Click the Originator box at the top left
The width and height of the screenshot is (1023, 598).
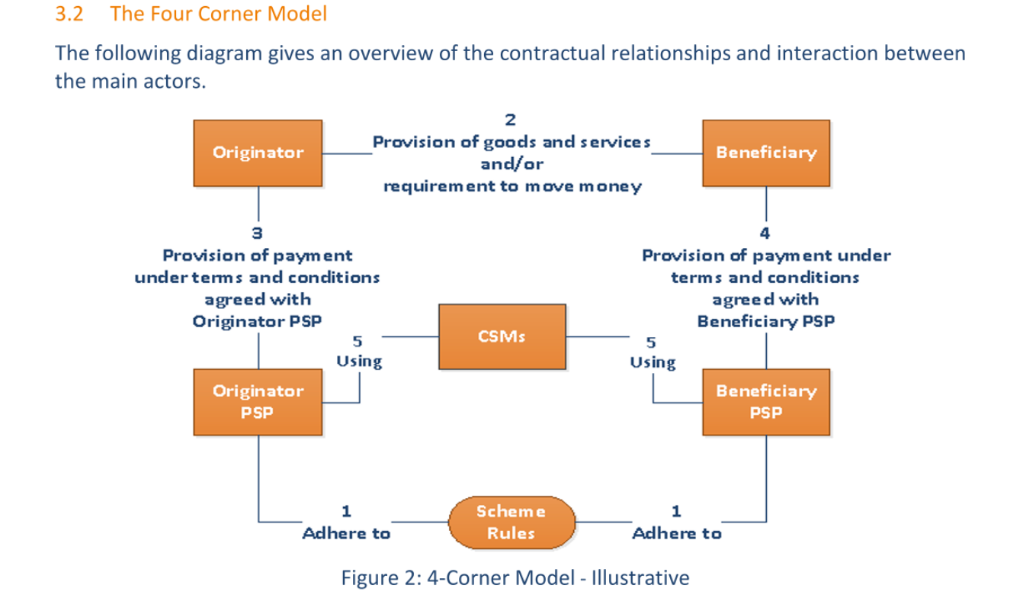258,153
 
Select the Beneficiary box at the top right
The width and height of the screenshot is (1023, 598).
765,153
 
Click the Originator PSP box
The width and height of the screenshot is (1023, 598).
258,401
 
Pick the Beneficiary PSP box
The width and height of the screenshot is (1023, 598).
765,401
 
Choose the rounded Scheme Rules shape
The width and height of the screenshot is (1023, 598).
511,522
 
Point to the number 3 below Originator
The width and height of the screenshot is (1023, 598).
258,233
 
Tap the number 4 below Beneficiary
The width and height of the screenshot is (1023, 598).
765,233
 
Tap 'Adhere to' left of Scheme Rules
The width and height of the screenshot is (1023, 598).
347,533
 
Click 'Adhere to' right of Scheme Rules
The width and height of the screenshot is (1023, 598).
677,533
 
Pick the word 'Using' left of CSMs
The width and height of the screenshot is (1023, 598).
359,361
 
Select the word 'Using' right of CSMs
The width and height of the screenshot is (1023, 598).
653,361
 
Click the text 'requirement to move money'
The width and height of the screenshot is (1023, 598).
511,186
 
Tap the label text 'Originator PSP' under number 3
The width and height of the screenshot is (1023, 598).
258,321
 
